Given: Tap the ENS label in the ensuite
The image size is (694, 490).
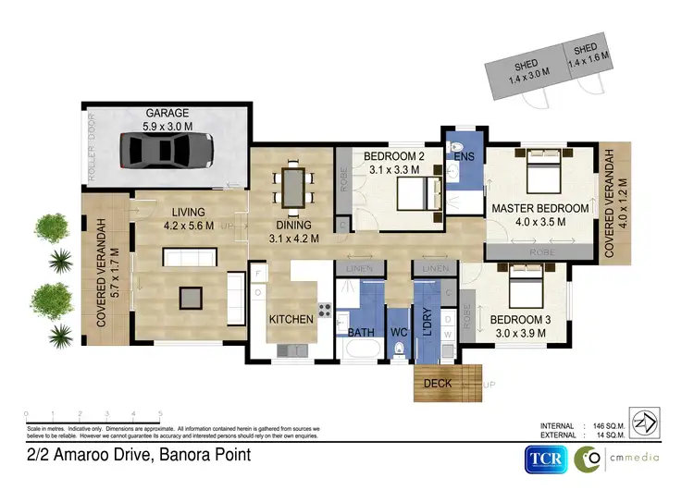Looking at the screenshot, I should pyautogui.click(x=464, y=157).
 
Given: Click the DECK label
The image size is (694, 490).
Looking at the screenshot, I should pyautogui.click(x=437, y=384).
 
